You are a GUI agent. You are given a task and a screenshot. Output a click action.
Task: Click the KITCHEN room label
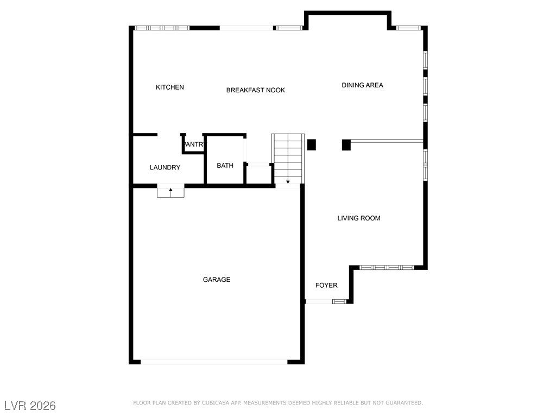(x=170, y=87)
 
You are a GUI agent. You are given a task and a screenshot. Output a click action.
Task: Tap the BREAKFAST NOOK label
(x=255, y=90)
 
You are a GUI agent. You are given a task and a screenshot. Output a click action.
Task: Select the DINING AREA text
(x=362, y=85)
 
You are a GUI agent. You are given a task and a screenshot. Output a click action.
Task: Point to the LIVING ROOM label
(x=359, y=218)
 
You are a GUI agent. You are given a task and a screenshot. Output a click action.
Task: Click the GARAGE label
(x=217, y=280)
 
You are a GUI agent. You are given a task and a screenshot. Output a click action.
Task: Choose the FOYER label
(x=326, y=285)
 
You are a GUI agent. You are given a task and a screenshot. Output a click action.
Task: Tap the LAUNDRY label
(x=165, y=167)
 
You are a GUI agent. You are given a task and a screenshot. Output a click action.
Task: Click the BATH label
(x=225, y=165)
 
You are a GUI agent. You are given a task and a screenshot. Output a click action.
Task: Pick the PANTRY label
(x=194, y=144)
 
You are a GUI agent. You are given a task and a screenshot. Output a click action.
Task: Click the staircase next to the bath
(x=288, y=159)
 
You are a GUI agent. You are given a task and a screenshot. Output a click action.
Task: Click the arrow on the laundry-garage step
(x=170, y=192)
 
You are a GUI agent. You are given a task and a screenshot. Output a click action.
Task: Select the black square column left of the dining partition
(x=346, y=145)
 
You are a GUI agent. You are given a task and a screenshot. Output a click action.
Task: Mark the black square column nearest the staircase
(x=311, y=144)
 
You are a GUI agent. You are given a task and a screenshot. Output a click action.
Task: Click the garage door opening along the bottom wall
(x=214, y=362)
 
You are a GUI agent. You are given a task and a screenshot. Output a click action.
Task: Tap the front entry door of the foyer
(x=319, y=301)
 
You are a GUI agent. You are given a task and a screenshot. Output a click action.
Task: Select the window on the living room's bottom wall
(x=387, y=267)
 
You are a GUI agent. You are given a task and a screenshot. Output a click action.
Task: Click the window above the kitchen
(x=162, y=28)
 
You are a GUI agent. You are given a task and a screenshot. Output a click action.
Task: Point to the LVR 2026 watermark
(x=30, y=406)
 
